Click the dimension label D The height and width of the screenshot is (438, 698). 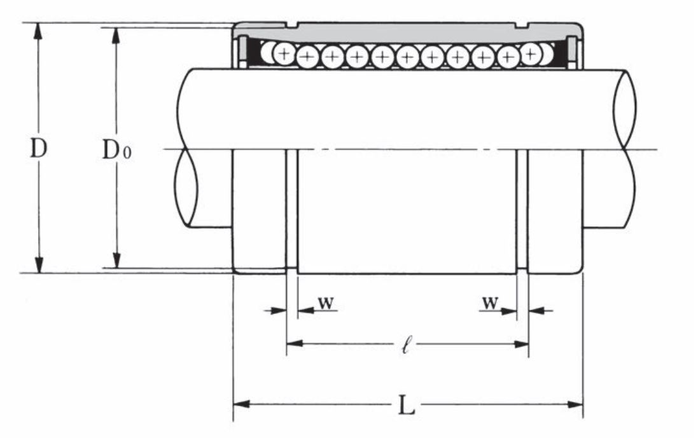38,149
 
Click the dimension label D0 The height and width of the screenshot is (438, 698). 116,149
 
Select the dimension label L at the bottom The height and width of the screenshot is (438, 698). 406,405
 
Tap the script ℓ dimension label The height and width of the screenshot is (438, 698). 406,345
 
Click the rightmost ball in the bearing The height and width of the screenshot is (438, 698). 545,53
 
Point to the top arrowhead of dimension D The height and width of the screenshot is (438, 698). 39,31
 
